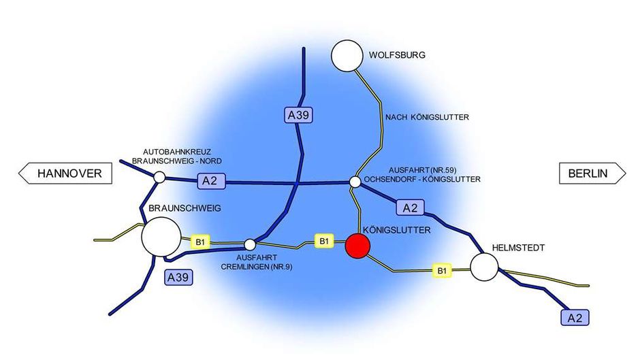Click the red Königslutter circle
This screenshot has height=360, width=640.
click(358, 246)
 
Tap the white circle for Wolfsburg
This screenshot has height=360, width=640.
click(347, 56)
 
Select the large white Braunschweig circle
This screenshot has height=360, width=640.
click(161, 237)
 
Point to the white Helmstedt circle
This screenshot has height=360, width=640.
click(485, 267)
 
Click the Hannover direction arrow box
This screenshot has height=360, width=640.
click(65, 174)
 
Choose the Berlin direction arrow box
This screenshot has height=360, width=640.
click(592, 174)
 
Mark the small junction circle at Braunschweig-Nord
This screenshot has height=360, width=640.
click(159, 177)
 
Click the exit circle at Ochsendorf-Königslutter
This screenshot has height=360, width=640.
click(355, 182)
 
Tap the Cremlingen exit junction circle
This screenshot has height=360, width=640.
click(250, 245)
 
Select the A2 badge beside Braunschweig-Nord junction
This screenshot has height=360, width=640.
click(211, 181)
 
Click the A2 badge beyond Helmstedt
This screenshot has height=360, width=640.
click(575, 318)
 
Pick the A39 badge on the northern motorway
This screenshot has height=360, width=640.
click(298, 115)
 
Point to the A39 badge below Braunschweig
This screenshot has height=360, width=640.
click(178, 278)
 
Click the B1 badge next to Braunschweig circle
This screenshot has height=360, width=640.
click(200, 242)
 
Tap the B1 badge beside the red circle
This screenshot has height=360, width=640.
click(323, 241)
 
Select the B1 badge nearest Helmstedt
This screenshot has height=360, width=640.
click(442, 271)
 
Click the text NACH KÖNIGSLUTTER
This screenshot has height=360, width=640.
click(427, 117)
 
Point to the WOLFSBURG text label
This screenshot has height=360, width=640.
click(397, 55)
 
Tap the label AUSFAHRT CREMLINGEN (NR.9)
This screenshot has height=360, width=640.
click(256, 262)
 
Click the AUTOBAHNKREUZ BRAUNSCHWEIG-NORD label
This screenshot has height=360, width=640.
click(177, 157)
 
